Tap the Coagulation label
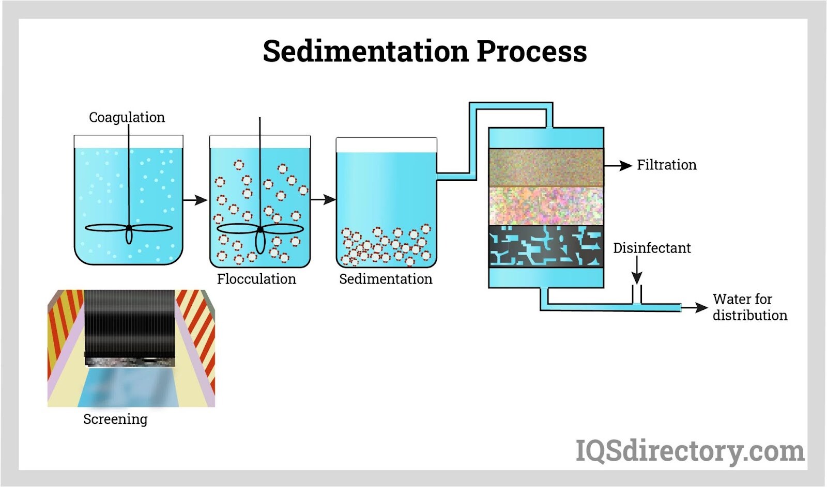point(127,117)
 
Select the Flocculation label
point(256,279)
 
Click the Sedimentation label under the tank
point(386,279)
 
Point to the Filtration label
point(666,165)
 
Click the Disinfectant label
point(652,248)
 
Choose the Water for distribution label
point(749,307)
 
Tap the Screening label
point(115,419)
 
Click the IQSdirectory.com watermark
point(690,451)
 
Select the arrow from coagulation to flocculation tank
point(195,200)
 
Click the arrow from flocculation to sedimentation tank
point(324,199)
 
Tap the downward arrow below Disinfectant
point(637,271)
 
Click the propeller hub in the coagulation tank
point(129,227)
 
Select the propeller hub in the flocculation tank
point(260,228)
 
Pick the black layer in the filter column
point(546,246)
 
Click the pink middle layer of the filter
point(546,206)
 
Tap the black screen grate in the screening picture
point(129,320)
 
